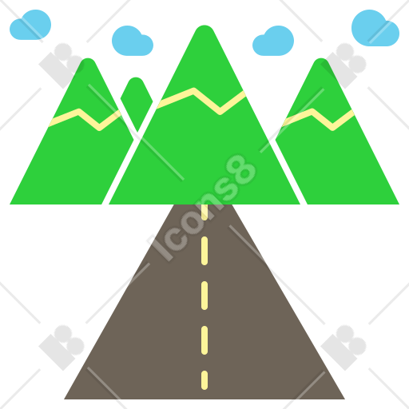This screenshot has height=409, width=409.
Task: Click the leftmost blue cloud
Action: tap(30, 25)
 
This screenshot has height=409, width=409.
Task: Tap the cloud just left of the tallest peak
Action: tap(133, 41)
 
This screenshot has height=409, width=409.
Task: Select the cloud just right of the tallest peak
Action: tap(273, 41)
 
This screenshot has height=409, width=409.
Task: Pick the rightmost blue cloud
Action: tap(375, 28)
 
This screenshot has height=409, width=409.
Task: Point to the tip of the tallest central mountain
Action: tap(204, 26)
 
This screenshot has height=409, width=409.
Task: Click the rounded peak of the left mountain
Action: tap(88, 58)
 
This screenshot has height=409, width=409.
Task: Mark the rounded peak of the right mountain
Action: tap(321, 58)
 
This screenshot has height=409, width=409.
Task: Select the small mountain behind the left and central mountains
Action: tap(136, 101)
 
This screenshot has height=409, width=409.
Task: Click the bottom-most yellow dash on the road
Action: tap(204, 380)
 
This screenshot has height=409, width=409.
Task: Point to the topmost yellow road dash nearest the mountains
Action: tap(204, 212)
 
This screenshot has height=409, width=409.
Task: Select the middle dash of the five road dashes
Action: tap(204, 296)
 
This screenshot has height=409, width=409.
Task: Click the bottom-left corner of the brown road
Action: tap(65, 399)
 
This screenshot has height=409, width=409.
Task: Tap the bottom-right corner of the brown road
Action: tap(344, 399)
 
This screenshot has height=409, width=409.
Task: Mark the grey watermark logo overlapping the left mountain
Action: tap(62, 66)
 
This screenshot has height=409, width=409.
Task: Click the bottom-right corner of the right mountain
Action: tap(399, 204)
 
